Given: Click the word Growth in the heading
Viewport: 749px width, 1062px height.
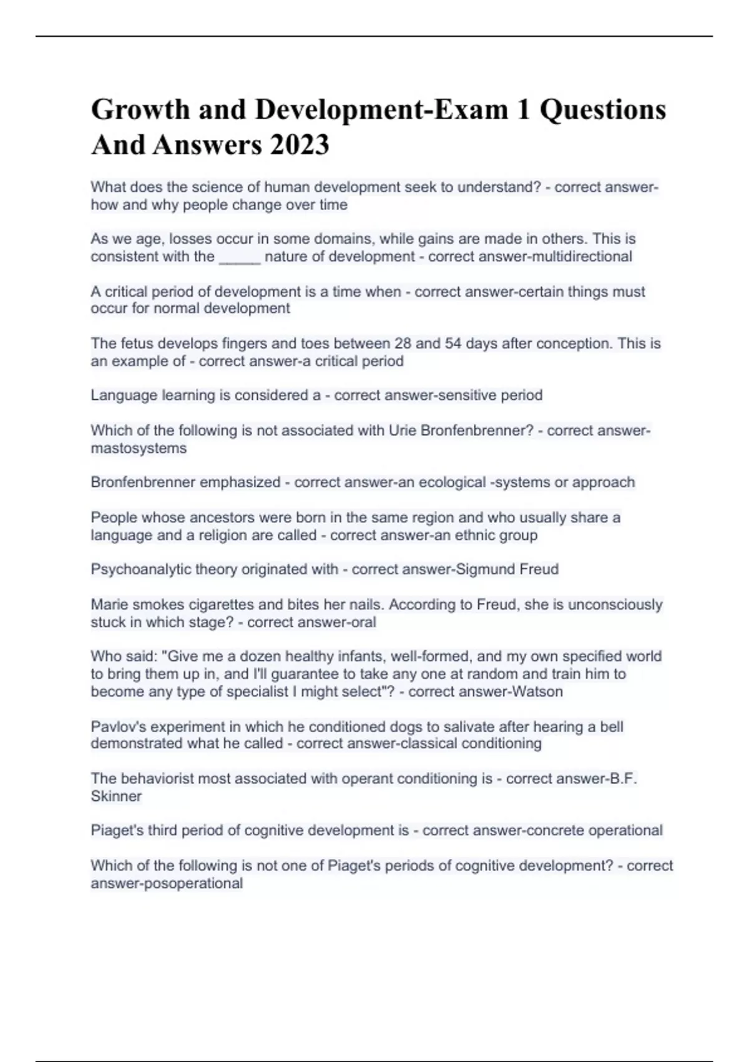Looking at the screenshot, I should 140,109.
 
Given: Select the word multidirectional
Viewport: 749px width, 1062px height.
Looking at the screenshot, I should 582,257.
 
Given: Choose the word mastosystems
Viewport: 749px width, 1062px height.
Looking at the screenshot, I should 139,449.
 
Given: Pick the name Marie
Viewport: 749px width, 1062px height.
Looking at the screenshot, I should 108,605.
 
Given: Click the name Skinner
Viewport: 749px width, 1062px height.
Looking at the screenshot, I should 116,797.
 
